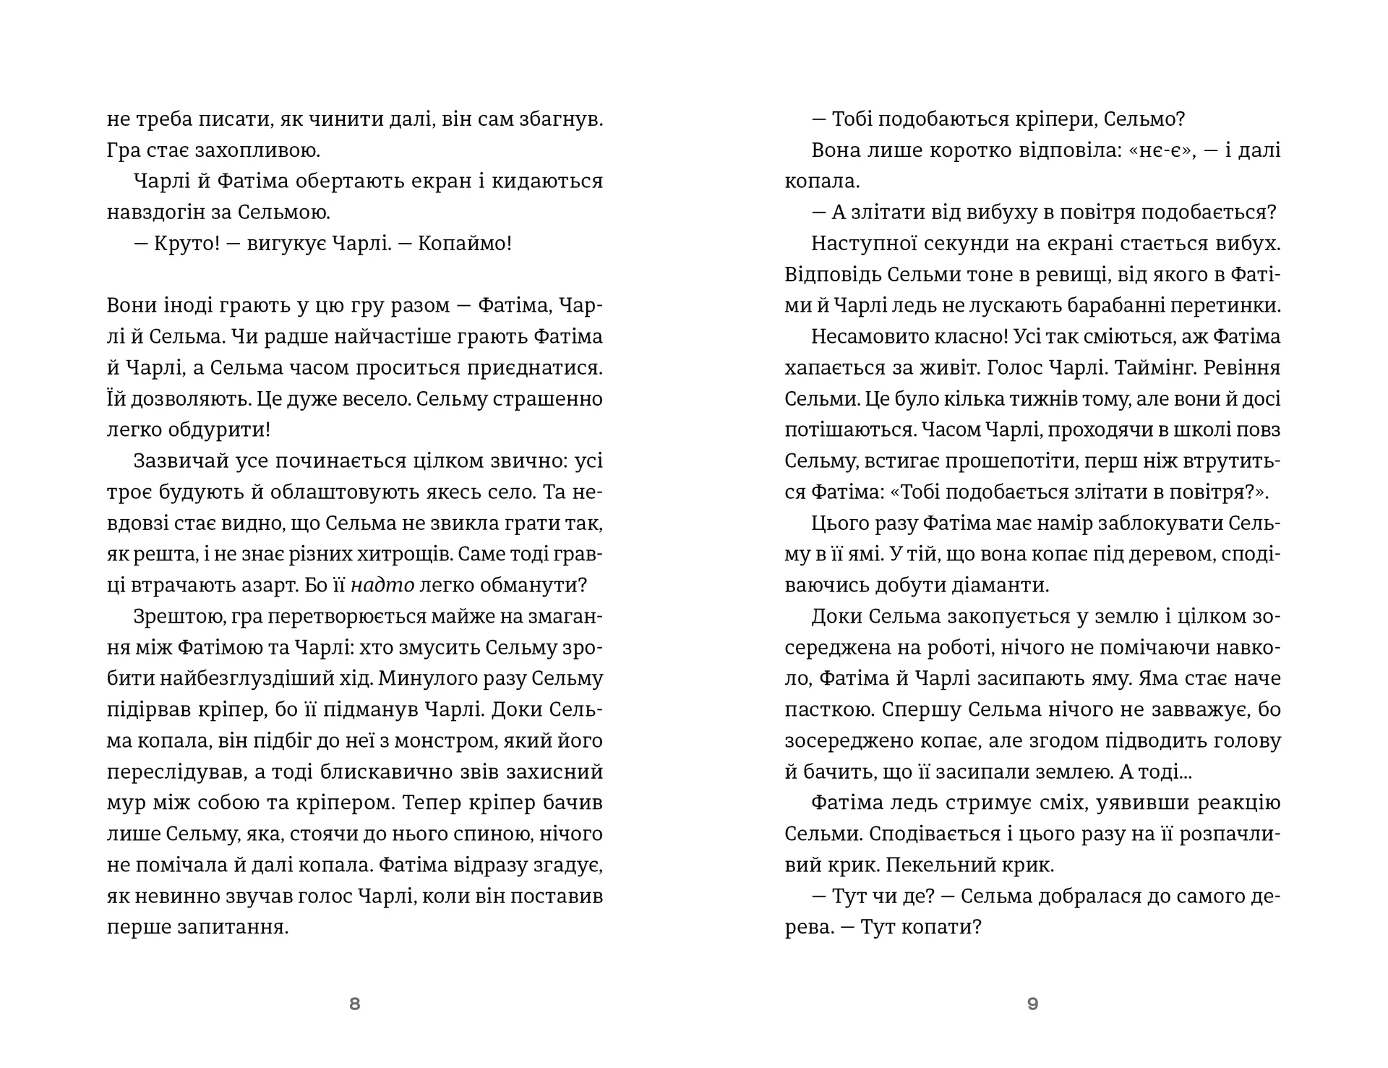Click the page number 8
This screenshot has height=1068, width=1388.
click(354, 1004)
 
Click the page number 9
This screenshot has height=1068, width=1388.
click(1032, 1004)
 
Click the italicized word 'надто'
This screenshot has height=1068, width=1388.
click(382, 585)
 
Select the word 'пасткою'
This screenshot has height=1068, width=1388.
click(828, 710)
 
